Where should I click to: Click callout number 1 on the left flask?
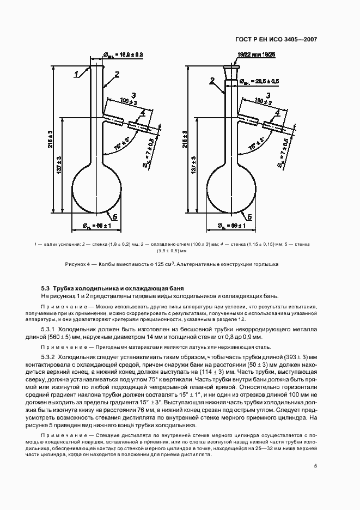78,71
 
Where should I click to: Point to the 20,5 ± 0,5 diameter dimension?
260,81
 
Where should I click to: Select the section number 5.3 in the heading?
45,287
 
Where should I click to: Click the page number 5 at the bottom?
315,465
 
